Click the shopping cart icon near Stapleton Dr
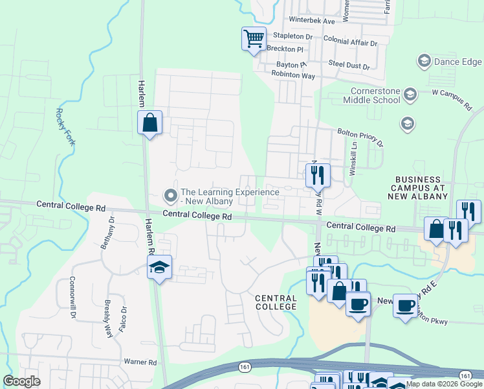pos(254,38)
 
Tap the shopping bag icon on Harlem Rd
pos(149,123)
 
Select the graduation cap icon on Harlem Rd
pos(159,268)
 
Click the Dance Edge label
pos(457,62)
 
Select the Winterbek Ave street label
pos(311,21)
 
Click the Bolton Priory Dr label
pos(360,137)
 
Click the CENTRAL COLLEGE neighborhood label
pos(276,303)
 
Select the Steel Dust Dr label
pos(348,66)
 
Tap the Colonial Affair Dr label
pos(350,42)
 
